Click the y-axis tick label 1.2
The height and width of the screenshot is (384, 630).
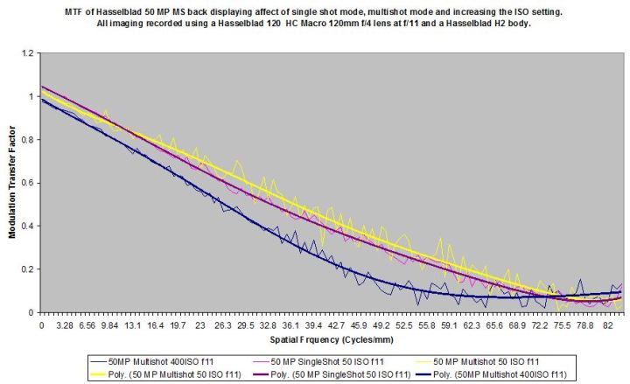(x=28, y=53)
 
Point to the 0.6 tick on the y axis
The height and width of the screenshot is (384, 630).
(x=28, y=183)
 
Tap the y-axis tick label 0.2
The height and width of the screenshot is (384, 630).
(x=28, y=269)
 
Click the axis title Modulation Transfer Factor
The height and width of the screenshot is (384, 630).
(x=10, y=182)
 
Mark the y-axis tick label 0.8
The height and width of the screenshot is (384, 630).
(x=28, y=140)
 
